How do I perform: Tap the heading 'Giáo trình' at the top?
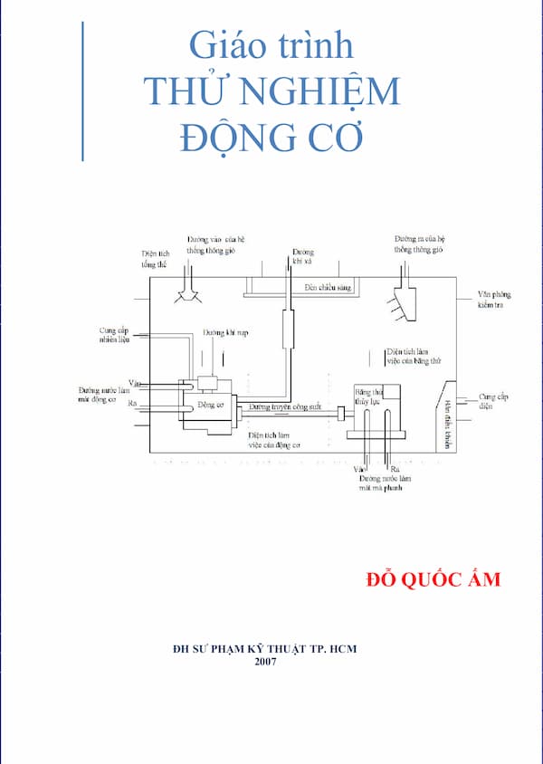coord(271,44)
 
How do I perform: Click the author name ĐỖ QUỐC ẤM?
coord(431,579)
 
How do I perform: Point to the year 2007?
coord(266,662)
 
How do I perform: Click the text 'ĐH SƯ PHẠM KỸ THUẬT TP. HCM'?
coord(265,649)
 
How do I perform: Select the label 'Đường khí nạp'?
coord(225,333)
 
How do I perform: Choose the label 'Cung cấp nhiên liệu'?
coord(116,336)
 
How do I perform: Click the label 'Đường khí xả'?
coord(302,256)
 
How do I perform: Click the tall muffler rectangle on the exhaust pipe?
coord(290,329)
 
